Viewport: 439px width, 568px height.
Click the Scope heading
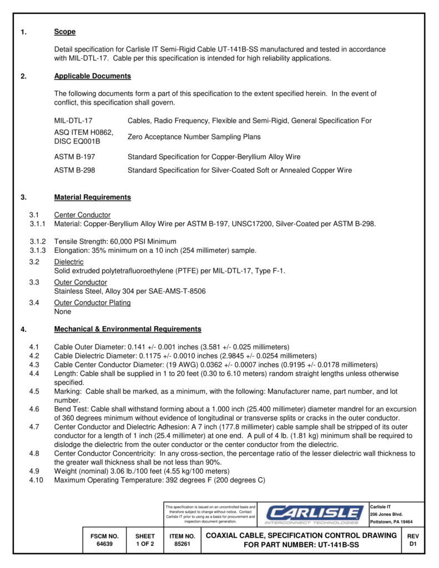pos(64,32)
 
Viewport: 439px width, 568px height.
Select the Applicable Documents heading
pos(92,76)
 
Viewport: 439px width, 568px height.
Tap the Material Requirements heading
pos(92,197)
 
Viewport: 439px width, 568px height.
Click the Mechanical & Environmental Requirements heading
pos(128,329)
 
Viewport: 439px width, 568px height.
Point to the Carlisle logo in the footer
pos(313,514)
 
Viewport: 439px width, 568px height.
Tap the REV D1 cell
pos(412,540)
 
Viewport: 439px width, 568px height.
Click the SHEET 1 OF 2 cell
pos(145,540)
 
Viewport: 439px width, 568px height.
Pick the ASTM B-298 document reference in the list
pos(74,170)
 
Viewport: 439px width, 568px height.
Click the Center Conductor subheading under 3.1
pos(82,215)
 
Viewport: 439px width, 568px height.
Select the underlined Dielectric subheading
pos(69,261)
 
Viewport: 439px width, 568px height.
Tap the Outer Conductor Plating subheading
pos(92,302)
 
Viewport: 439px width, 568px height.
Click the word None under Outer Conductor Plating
pos(63,312)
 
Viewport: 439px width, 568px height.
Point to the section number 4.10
pos(36,480)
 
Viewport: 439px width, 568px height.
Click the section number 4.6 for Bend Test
pos(34,409)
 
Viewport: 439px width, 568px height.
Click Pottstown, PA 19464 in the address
pos(391,522)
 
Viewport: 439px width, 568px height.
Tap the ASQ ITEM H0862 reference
pos(83,132)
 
